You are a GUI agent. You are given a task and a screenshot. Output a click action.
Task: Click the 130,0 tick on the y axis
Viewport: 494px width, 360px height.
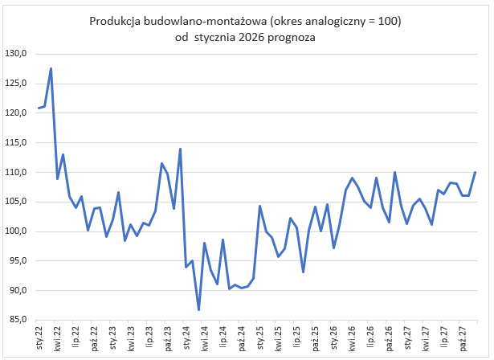(17, 54)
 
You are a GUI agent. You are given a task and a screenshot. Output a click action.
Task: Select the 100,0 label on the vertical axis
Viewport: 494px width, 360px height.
(17, 231)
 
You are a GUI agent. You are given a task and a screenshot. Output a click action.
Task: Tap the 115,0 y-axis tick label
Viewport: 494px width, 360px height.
(17, 143)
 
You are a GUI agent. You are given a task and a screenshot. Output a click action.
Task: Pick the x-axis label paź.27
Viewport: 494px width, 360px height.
(462, 335)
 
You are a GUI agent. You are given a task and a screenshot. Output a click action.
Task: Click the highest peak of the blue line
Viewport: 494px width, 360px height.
(51, 68)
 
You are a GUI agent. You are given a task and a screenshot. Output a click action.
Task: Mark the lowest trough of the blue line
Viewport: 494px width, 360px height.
(198, 309)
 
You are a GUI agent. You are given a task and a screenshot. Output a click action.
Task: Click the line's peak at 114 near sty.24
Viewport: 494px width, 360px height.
(180, 149)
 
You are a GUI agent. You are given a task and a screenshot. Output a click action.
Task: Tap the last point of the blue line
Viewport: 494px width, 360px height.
(475, 172)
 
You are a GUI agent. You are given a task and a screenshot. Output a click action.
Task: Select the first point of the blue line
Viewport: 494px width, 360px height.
(39, 108)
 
